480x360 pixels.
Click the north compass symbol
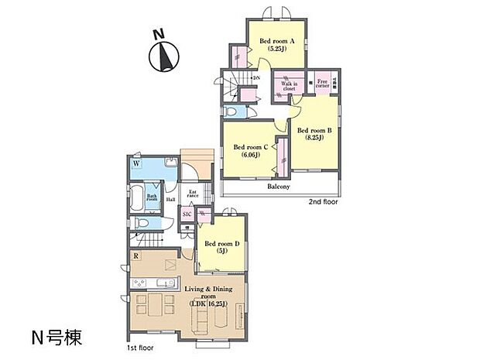(x=163, y=57)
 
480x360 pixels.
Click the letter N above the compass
(x=158, y=34)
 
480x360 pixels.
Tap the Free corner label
(x=323, y=81)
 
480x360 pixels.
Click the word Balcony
(x=279, y=187)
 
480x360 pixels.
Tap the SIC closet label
(x=187, y=214)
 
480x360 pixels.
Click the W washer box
(x=136, y=164)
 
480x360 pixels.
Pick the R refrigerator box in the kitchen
(x=136, y=255)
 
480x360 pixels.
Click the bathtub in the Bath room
(x=137, y=200)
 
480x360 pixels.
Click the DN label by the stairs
(x=256, y=77)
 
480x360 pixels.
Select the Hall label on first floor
(x=170, y=199)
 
